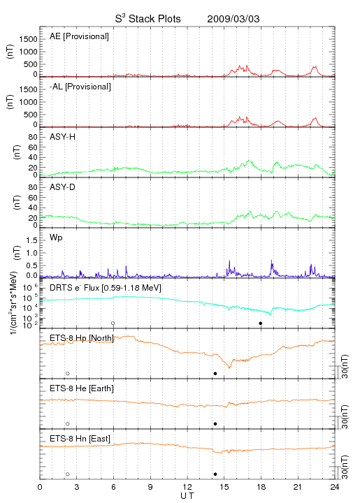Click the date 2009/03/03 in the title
[x=233, y=19]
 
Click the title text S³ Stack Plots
[x=148, y=18]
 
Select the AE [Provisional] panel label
[x=79, y=36]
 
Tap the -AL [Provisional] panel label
[x=80, y=87]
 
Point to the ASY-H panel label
[x=63, y=137]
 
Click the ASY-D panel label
[x=63, y=187]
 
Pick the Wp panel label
[x=56, y=238]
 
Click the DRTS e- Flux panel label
[x=106, y=288]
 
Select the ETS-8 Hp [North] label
[x=82, y=338]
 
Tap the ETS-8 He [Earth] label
[x=82, y=388]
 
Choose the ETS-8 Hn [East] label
[x=80, y=439]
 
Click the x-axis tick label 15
[x=224, y=487]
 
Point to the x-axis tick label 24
[x=335, y=487]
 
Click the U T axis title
[x=187, y=496]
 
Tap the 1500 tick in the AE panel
[x=28, y=39]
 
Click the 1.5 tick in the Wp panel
[x=31, y=240]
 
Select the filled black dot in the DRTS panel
[x=261, y=323]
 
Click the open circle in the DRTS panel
[x=113, y=323]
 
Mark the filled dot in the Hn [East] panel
[x=215, y=474]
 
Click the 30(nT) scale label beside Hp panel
[x=345, y=366]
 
